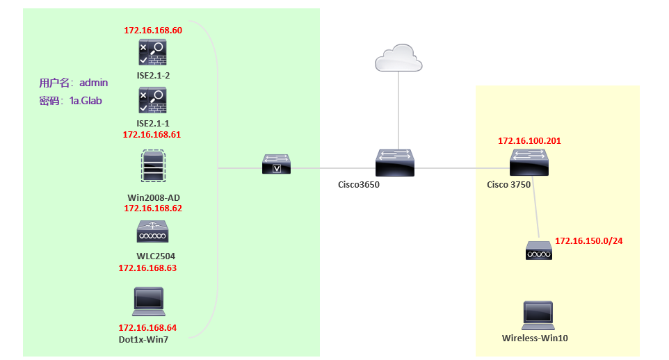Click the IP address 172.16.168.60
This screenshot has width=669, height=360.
tap(153, 31)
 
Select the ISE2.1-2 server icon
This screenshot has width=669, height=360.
tap(152, 52)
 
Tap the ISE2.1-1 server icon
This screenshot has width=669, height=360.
tap(152, 100)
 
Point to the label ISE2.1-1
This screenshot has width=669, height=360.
tap(153, 123)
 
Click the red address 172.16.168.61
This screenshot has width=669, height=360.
tap(152, 134)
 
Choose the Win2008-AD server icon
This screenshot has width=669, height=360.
tap(153, 166)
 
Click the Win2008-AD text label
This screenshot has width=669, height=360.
tap(154, 197)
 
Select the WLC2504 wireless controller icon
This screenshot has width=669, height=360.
tap(152, 231)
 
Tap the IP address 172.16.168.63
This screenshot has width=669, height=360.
tap(147, 268)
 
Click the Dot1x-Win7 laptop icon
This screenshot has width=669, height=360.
tap(149, 302)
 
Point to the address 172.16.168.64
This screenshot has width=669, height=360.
tap(147, 327)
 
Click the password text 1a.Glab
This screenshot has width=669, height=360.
tap(86, 101)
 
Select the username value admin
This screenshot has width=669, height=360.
tap(93, 82)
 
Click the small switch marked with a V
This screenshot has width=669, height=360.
tap(277, 164)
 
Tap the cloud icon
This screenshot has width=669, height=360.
tap(398, 58)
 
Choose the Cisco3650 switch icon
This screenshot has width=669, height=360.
tap(395, 163)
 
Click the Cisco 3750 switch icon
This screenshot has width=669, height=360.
tap(529, 163)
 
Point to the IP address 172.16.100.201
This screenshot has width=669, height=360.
tap(529, 141)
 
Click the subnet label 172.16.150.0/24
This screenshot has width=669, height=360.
tap(589, 241)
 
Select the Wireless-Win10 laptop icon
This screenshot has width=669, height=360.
tap(538, 316)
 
